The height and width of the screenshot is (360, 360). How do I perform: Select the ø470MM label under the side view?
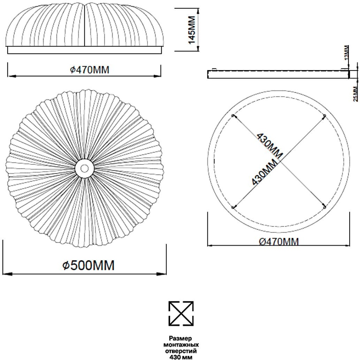tap(90, 70)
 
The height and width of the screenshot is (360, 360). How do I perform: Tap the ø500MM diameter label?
tap(89, 265)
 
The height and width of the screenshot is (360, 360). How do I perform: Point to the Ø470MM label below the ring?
tap(279, 242)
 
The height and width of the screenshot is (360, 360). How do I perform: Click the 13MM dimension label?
tap(347, 52)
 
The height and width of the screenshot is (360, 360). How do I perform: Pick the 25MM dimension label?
tap(355, 93)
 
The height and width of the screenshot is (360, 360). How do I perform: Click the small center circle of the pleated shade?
tap(84, 168)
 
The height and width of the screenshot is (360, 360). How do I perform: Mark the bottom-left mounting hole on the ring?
tap(233, 207)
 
